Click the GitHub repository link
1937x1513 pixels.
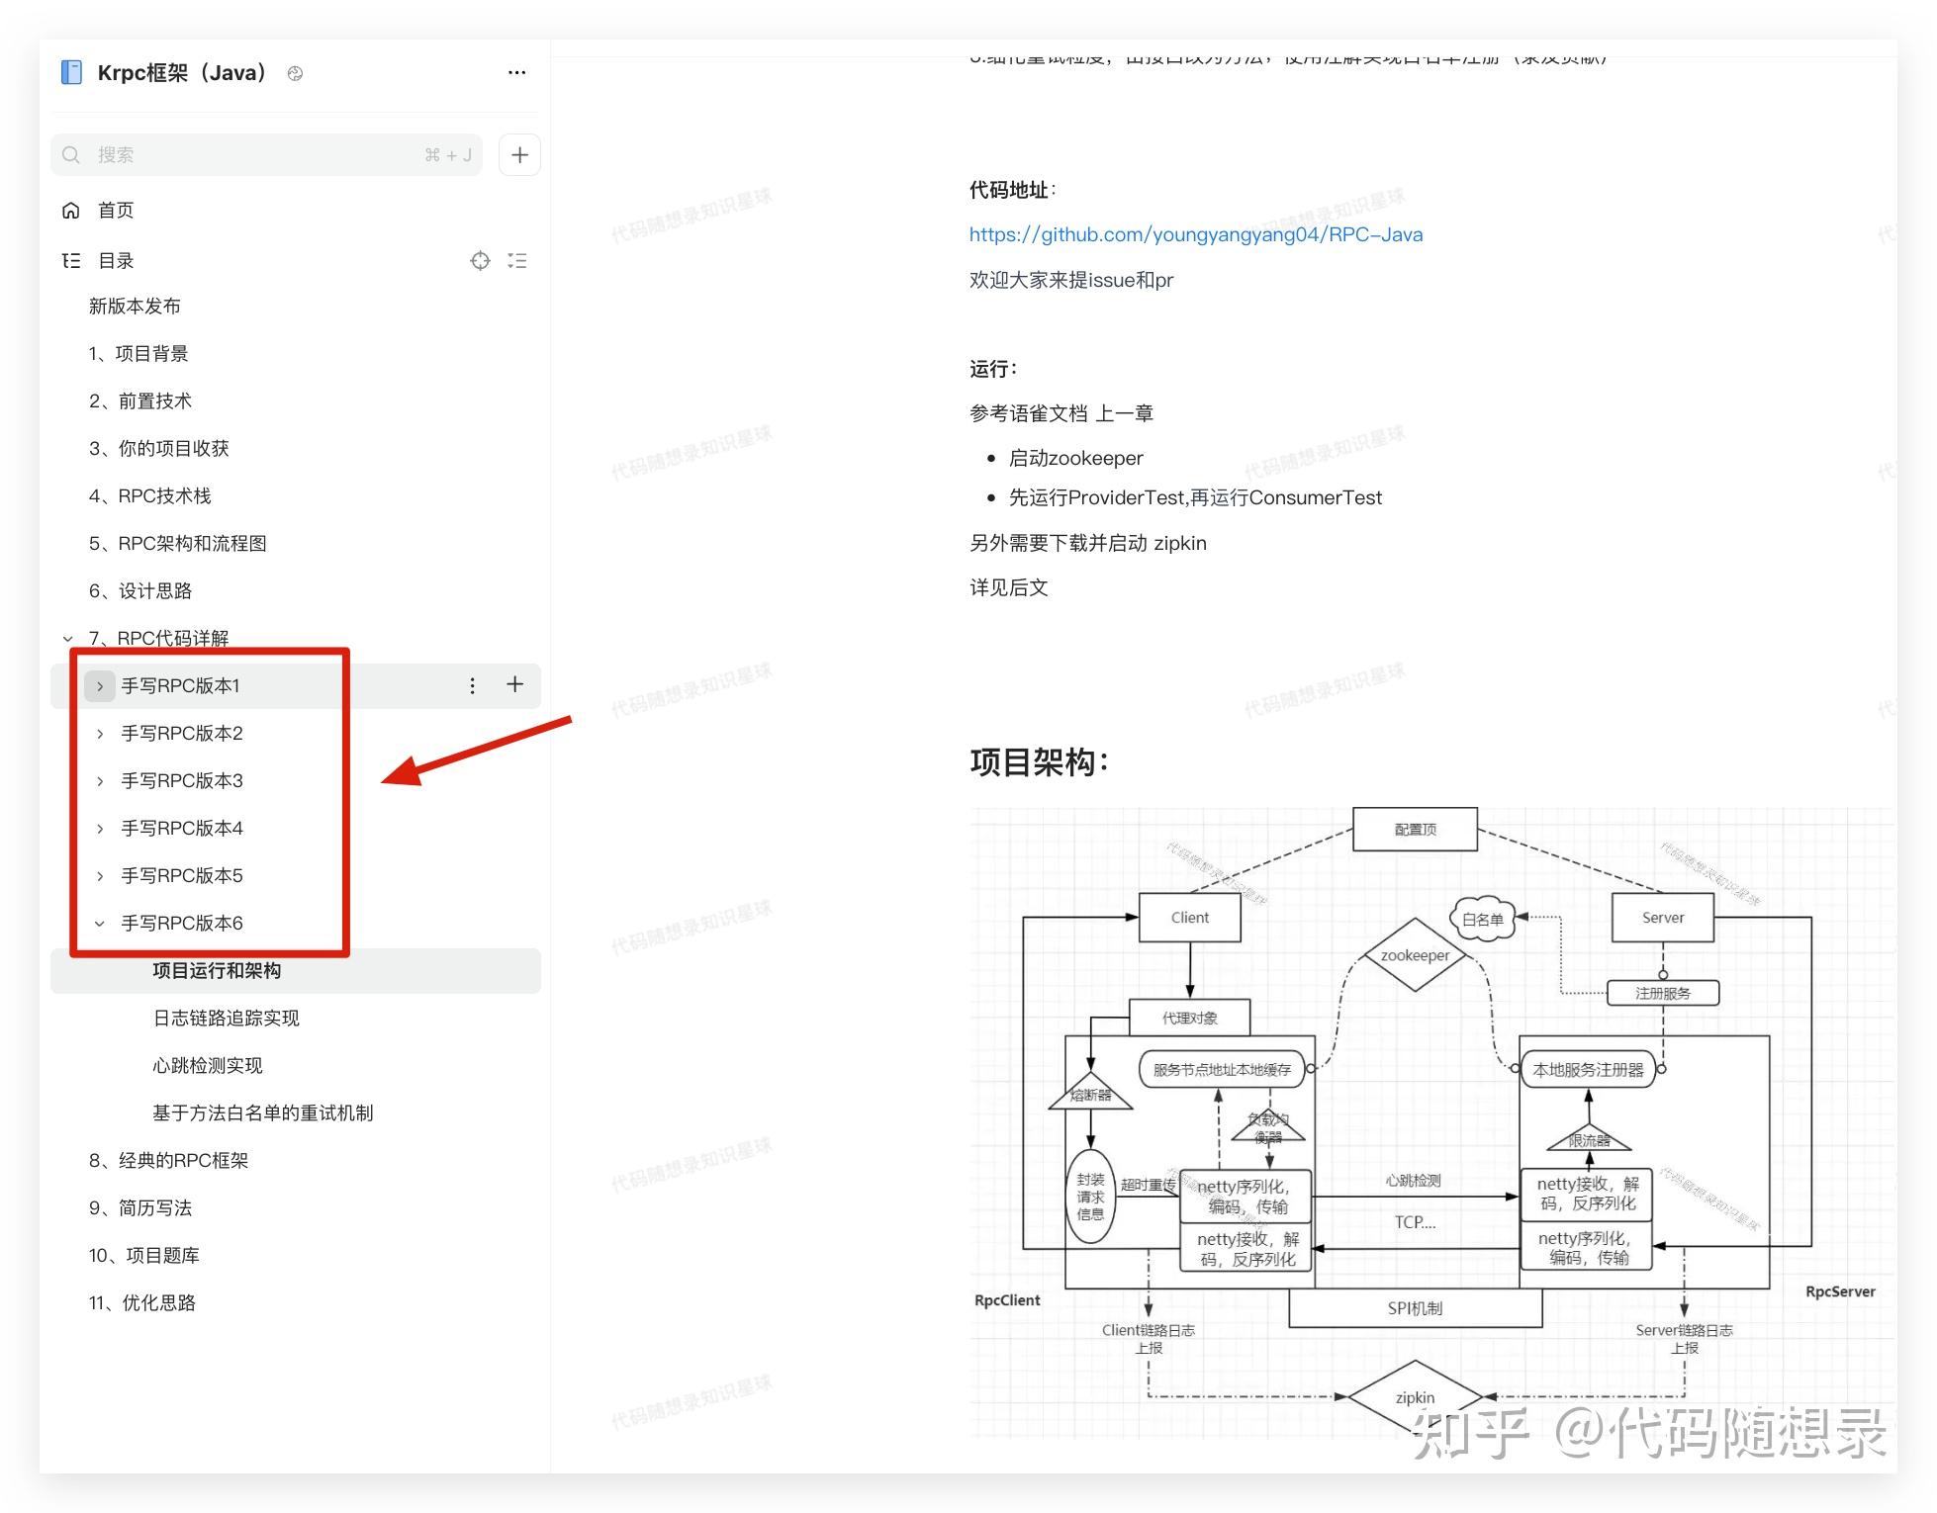[1195, 234]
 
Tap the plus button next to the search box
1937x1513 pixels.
[519, 155]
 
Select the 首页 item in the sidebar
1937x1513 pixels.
[115, 211]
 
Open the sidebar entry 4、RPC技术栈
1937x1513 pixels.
[150, 495]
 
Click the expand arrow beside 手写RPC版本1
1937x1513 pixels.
[100, 686]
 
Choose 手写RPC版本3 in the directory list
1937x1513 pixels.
[182, 781]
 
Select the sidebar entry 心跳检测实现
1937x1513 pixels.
[208, 1065]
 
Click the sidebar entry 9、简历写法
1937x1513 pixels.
[140, 1207]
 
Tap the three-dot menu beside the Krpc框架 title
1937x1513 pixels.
[516, 73]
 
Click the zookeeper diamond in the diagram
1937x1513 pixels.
[1415, 955]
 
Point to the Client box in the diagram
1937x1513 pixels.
[1189, 918]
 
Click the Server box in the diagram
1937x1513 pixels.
[1662, 918]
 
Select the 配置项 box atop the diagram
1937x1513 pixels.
[1415, 830]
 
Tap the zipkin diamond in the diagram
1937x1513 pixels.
[1415, 1397]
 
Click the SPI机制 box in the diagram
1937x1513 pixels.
[1415, 1308]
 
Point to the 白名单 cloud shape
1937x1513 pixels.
[1482, 919]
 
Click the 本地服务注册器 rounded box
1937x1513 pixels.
[1588, 1069]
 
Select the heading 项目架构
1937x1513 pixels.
[1039, 762]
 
